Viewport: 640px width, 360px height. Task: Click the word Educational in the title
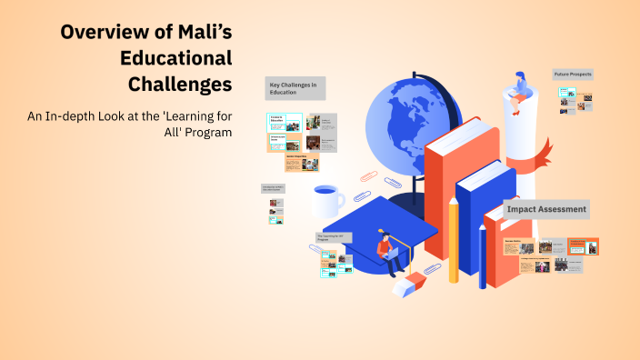[x=175, y=59]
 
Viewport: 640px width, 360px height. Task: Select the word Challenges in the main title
[x=180, y=85]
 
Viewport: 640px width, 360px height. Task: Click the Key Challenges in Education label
[x=295, y=88]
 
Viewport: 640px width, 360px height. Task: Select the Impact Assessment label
[x=546, y=210]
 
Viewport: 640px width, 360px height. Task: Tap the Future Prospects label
[x=573, y=75]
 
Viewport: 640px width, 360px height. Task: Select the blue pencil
[x=482, y=255]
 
